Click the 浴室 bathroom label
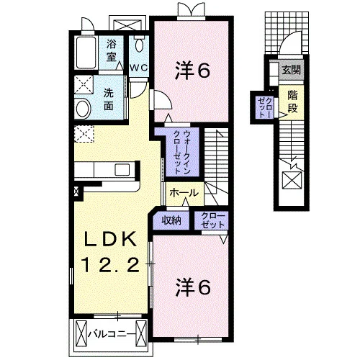tap(111, 51)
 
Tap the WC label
tap(139, 68)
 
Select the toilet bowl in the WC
tap(139, 45)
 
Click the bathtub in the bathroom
tap(86, 53)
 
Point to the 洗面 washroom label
tap(109, 99)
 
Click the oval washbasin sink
tap(83, 109)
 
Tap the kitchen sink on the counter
tap(122, 170)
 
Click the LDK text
tap(109, 239)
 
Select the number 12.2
tap(111, 265)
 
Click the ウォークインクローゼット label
tap(181, 152)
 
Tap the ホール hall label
tap(184, 192)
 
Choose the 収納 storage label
tap(171, 220)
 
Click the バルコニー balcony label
tap(111, 334)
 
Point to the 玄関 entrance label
tap(291, 70)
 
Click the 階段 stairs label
tap(292, 102)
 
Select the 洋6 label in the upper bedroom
tap(193, 71)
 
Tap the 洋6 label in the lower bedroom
tap(193, 287)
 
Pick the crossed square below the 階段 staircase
tap(292, 180)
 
